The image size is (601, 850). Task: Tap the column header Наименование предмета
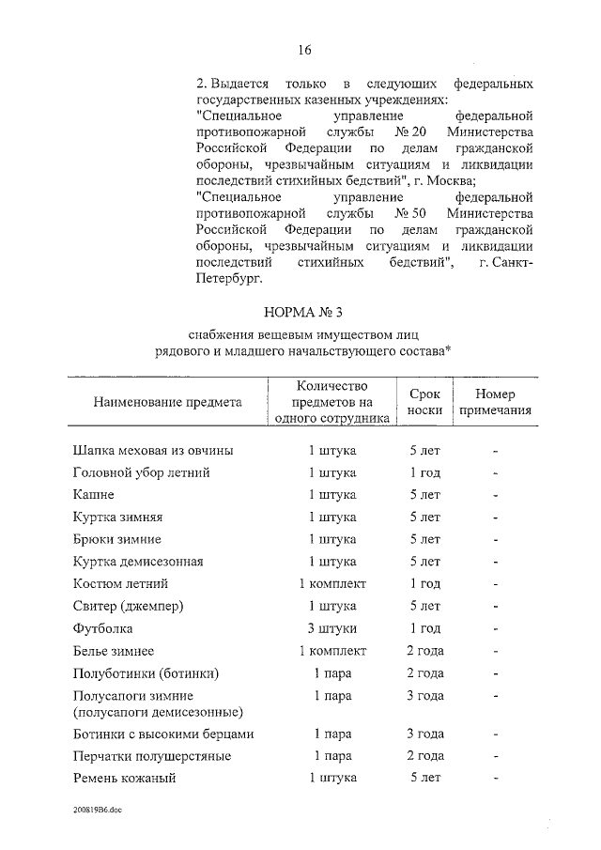pyautogui.click(x=167, y=402)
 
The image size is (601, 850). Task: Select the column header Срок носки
pyautogui.click(x=424, y=402)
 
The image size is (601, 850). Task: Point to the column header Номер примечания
pyautogui.click(x=495, y=402)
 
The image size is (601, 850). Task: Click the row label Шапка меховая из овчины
pyautogui.click(x=153, y=450)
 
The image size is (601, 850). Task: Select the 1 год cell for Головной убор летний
pyautogui.click(x=424, y=472)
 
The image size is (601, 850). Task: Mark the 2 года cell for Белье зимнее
pyautogui.click(x=424, y=650)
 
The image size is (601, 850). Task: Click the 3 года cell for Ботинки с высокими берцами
pyautogui.click(x=424, y=734)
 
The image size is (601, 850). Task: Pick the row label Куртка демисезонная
pyautogui.click(x=137, y=562)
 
